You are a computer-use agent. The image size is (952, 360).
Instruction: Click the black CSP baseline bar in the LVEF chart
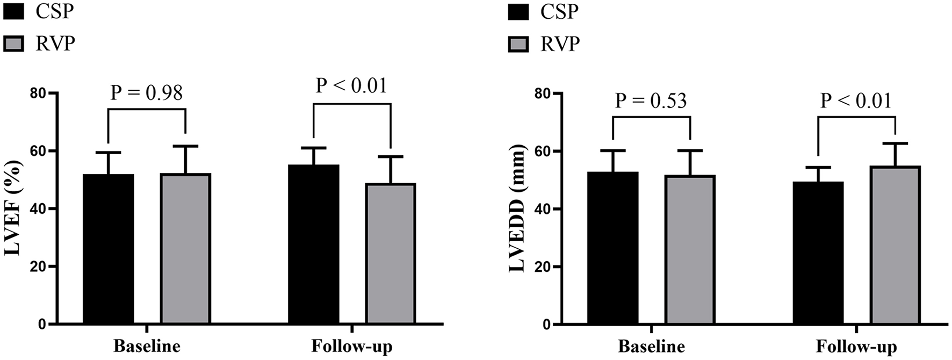(x=109, y=249)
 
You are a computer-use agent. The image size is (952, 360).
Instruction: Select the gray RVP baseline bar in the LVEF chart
(x=185, y=249)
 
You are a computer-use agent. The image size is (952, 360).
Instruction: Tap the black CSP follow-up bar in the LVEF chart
(x=314, y=245)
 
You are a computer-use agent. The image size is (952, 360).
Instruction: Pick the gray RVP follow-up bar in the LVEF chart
(x=391, y=254)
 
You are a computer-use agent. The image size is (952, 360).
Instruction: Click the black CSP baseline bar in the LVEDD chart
(x=613, y=248)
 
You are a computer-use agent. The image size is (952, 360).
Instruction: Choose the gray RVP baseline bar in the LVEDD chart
(x=690, y=250)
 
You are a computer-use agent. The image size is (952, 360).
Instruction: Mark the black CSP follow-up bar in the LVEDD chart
(x=818, y=253)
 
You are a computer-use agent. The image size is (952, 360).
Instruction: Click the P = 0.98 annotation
(x=147, y=93)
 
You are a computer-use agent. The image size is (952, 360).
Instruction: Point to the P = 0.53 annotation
(x=651, y=100)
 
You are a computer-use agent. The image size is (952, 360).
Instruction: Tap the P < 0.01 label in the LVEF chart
(x=351, y=85)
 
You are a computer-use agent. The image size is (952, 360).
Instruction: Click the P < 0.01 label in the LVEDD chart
(x=856, y=100)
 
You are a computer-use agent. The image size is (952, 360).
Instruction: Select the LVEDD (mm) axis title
(x=518, y=210)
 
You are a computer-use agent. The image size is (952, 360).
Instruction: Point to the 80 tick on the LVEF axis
(x=37, y=93)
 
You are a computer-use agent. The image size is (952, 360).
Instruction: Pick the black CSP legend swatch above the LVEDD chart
(x=518, y=11)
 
